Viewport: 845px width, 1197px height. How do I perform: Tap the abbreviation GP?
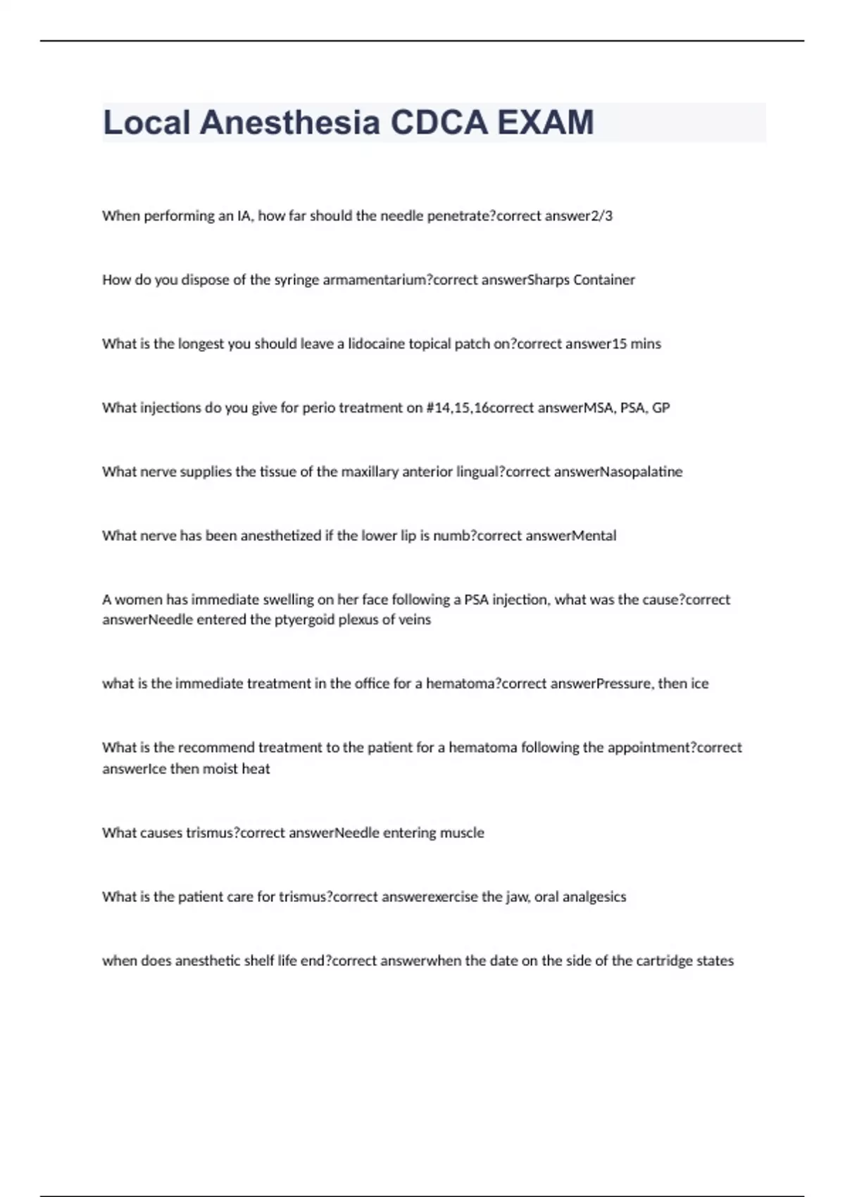661,408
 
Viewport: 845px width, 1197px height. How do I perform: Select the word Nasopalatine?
641,472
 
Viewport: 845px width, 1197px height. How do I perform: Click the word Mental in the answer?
594,536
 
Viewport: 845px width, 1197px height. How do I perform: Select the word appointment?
648,748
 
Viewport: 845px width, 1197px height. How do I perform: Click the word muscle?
462,833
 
